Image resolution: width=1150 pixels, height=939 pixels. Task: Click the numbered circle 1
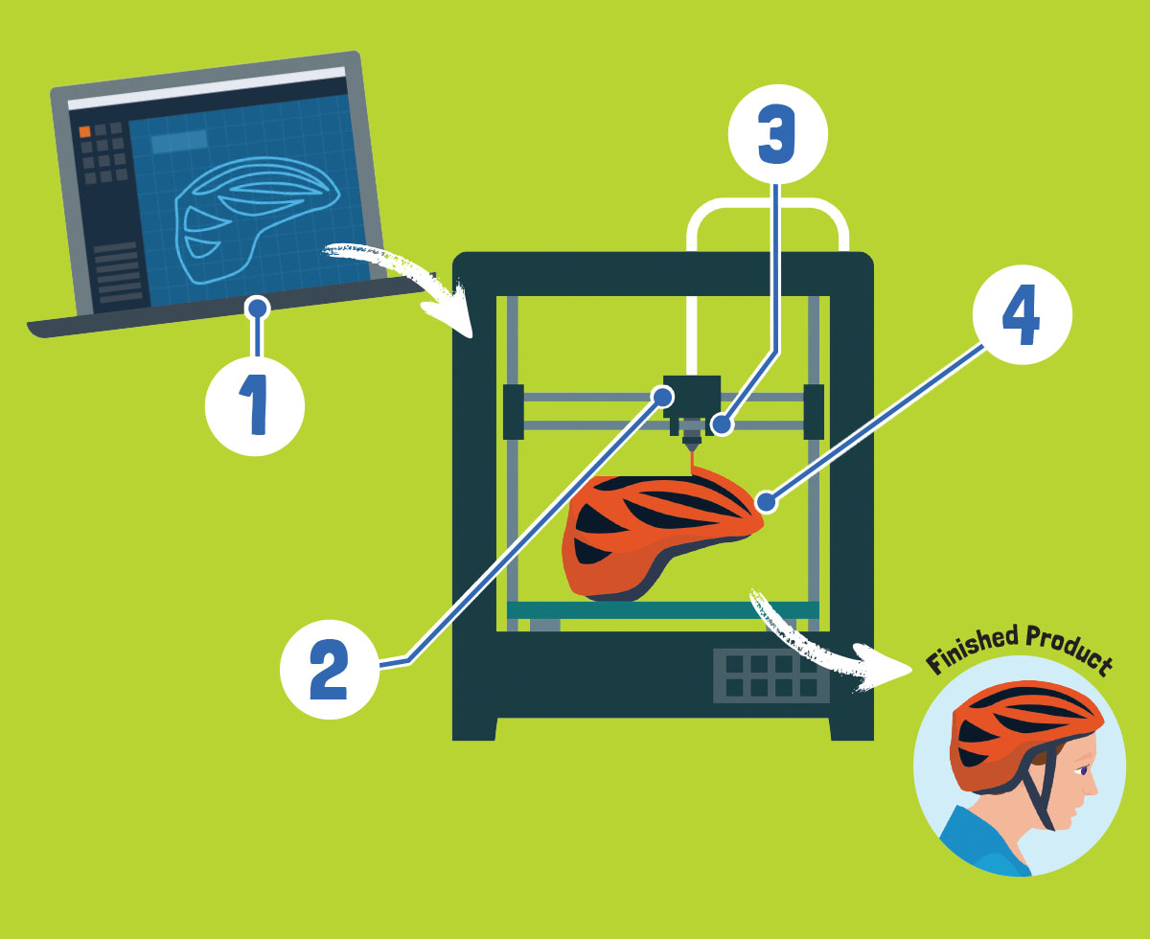[255, 406]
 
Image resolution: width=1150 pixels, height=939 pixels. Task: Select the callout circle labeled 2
[330, 669]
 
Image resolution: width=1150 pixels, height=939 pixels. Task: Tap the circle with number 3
[777, 134]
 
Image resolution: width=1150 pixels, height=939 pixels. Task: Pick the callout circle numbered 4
[1023, 314]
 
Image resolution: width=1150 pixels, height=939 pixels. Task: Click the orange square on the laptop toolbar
[85, 131]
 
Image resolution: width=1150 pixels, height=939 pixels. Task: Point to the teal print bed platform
[662, 610]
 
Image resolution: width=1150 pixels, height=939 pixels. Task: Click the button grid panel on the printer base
[770, 676]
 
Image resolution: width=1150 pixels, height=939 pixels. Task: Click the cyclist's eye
[1083, 770]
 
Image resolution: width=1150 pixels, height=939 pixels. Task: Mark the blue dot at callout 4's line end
[767, 502]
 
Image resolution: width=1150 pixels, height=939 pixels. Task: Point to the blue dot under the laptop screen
[258, 309]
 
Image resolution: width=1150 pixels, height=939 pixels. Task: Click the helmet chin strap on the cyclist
[1039, 790]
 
